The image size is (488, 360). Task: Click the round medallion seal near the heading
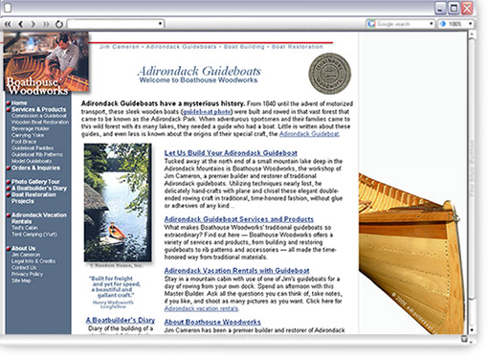[329, 74]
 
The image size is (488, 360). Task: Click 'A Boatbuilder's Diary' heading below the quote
[120, 321]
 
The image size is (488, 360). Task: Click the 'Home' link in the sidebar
[19, 102]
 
